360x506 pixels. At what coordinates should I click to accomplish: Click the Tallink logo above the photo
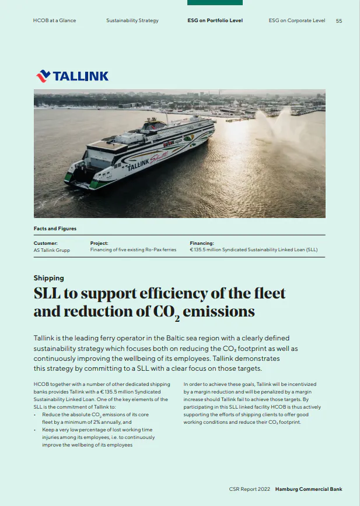(x=72, y=76)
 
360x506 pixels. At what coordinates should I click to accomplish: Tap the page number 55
(x=339, y=21)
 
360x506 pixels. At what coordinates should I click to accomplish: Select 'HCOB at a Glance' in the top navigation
(x=54, y=21)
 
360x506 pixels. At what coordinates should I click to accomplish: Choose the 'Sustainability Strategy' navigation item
(x=132, y=21)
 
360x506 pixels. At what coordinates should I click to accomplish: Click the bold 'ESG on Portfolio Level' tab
(x=215, y=21)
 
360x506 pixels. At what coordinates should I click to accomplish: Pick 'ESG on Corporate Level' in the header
(x=296, y=21)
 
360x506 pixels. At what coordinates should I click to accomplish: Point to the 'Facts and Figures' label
(x=55, y=229)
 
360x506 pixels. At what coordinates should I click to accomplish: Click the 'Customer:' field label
(x=46, y=243)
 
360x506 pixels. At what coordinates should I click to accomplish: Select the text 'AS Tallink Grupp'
(x=53, y=250)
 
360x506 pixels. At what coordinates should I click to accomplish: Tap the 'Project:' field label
(x=99, y=243)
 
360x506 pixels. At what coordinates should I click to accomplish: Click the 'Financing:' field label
(x=202, y=243)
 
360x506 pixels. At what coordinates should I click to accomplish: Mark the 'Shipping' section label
(x=48, y=278)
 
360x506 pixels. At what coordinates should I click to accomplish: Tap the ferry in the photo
(x=140, y=152)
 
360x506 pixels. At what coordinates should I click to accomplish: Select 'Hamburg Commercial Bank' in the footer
(x=309, y=489)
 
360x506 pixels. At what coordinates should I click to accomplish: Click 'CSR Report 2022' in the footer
(x=250, y=489)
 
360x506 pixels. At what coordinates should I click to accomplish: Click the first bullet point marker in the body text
(x=36, y=414)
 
